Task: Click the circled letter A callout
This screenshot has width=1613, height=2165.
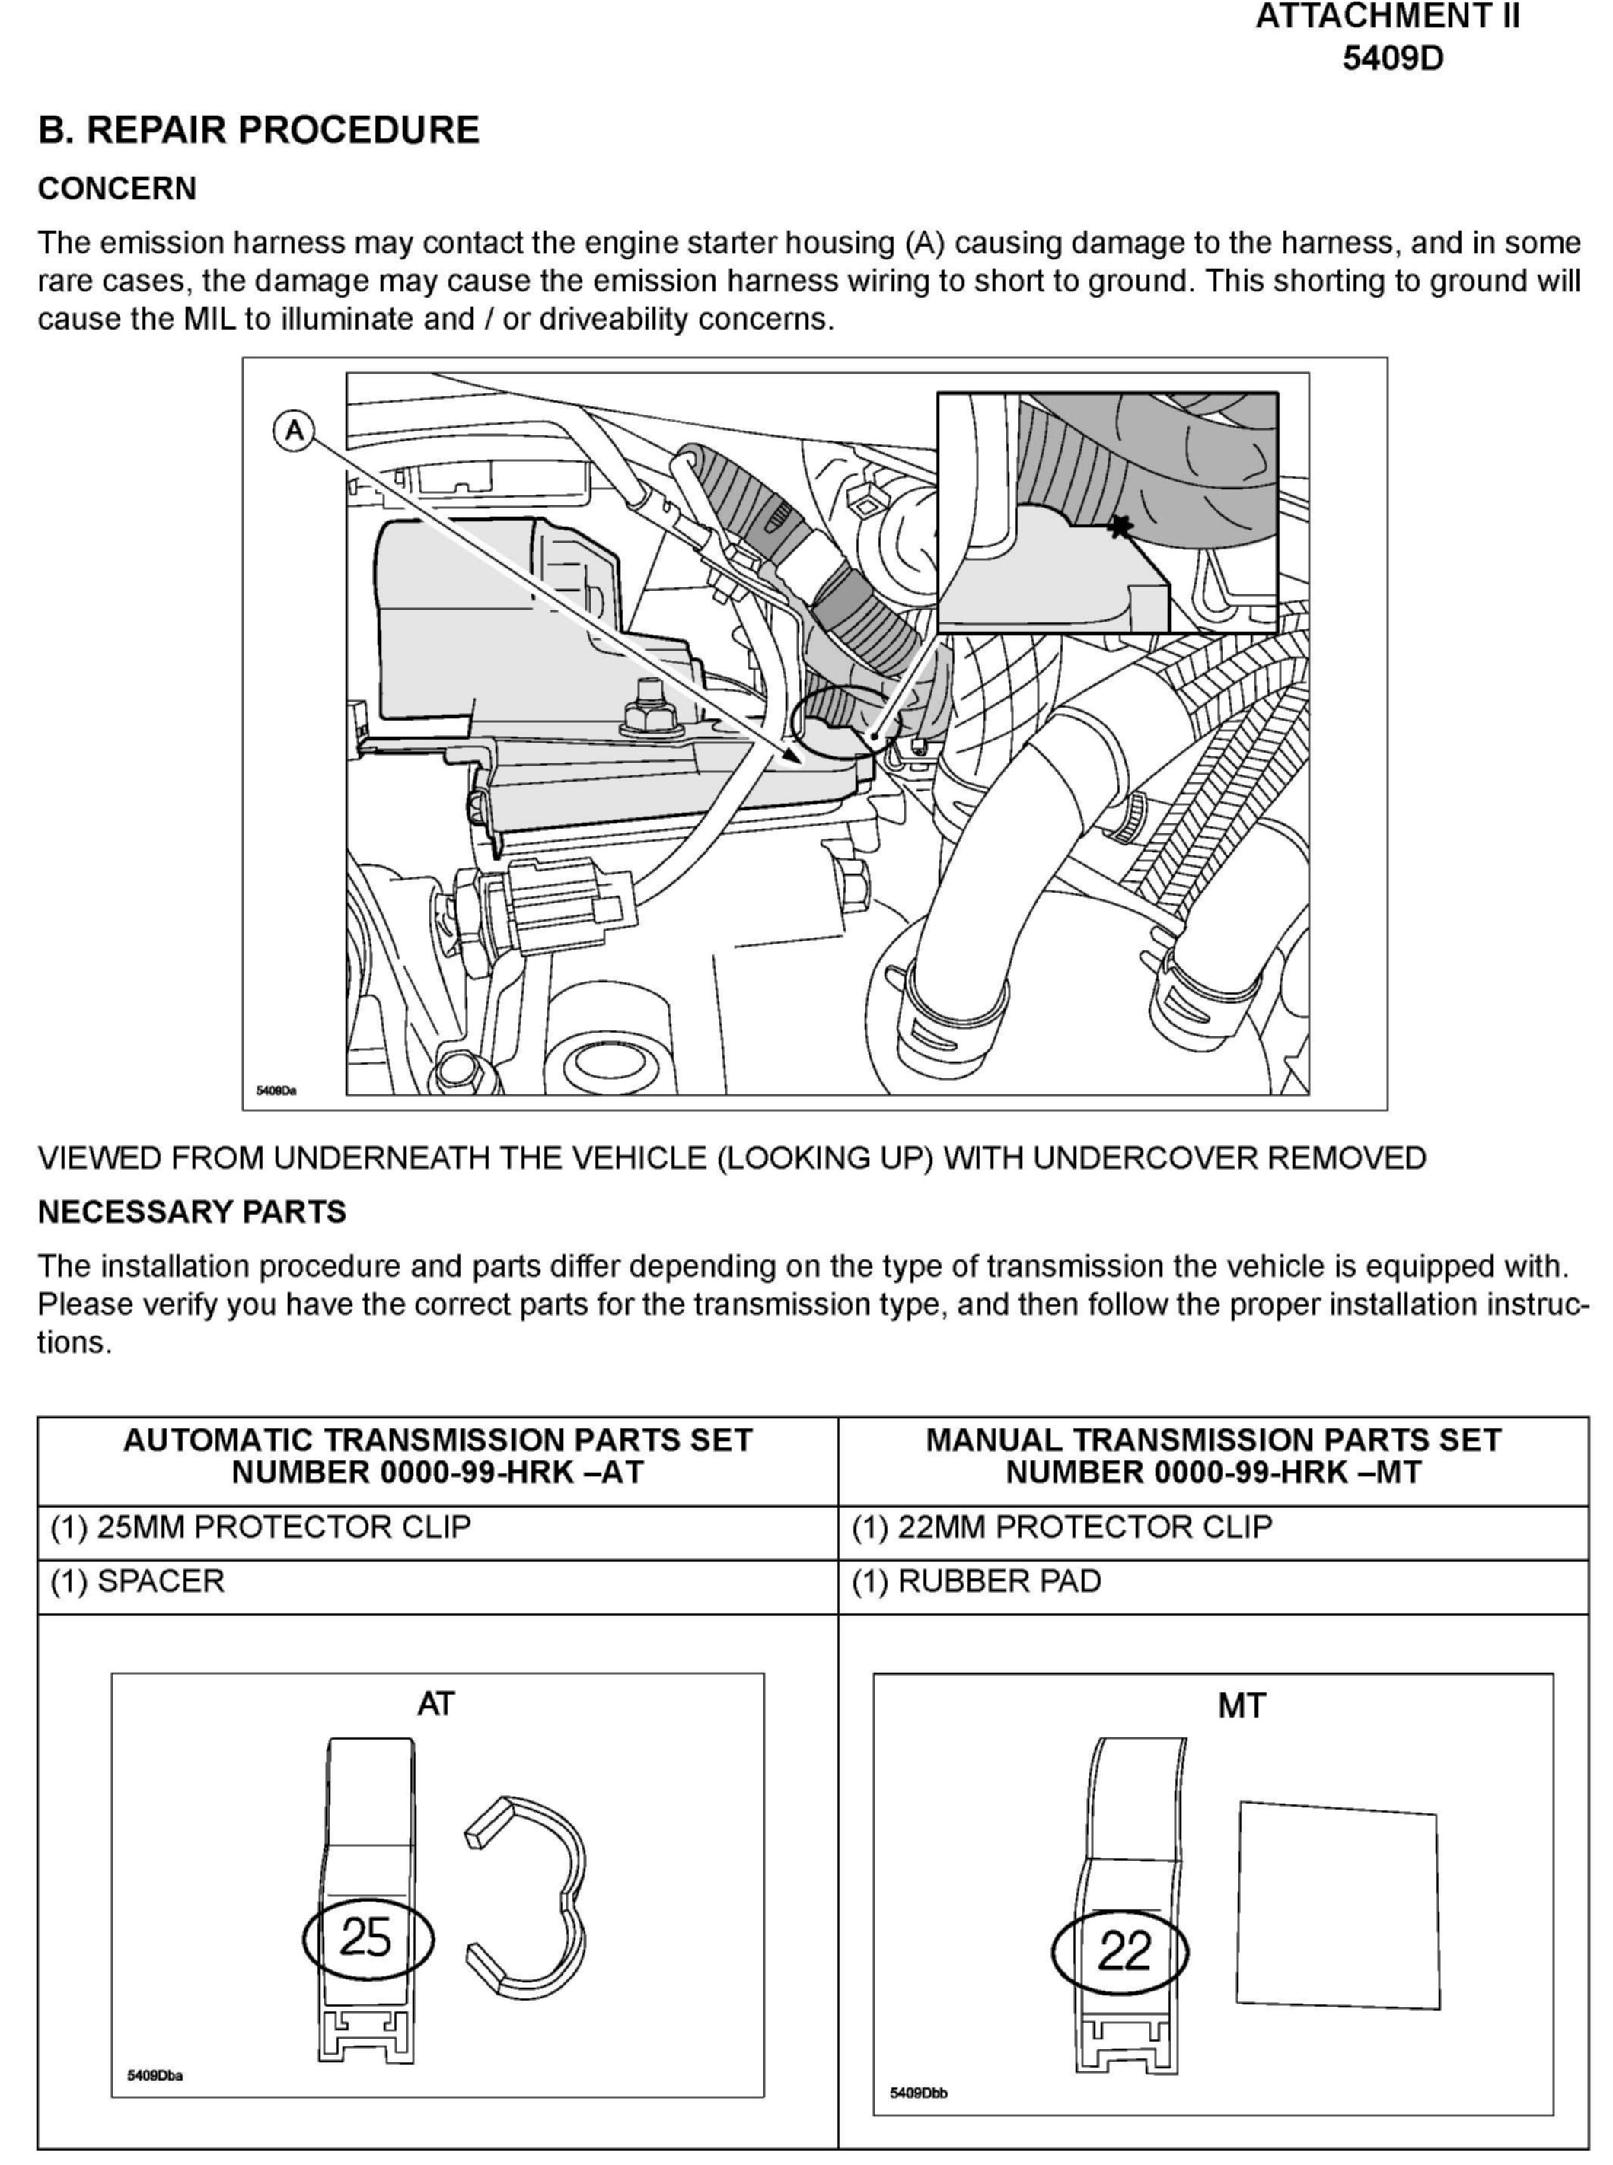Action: point(294,431)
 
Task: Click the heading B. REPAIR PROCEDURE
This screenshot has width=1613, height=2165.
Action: point(259,130)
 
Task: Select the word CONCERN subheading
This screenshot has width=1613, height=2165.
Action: point(117,189)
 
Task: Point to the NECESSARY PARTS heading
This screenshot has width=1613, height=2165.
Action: point(191,1211)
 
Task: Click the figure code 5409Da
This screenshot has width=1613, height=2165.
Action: point(276,1090)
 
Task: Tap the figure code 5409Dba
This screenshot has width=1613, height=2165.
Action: point(155,2074)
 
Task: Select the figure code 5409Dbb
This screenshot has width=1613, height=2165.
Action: point(918,2093)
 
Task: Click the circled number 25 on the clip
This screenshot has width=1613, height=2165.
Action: point(367,1937)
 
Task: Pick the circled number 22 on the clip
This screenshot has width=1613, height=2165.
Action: point(1121,1952)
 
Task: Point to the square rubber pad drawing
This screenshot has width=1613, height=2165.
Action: point(1337,1906)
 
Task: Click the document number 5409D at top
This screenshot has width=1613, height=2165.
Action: point(1391,59)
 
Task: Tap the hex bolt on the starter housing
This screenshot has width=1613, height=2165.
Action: point(650,711)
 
